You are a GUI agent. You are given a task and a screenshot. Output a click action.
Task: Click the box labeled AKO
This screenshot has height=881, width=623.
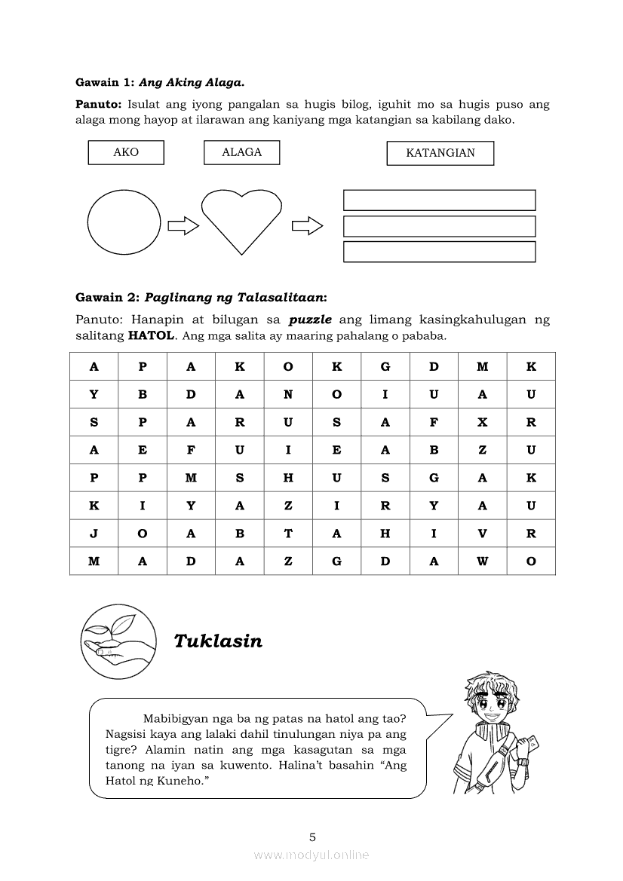tap(126, 152)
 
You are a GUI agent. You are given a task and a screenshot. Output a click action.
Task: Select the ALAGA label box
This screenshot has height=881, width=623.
tap(241, 152)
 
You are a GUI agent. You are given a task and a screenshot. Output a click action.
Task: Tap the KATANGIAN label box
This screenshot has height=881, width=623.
tap(440, 153)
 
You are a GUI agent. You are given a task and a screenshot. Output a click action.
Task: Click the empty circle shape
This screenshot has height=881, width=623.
tap(124, 222)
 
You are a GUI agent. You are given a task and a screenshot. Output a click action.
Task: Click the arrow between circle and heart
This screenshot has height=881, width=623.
tap(183, 225)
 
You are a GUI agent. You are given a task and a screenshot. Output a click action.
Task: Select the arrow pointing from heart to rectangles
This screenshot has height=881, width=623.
tap(307, 225)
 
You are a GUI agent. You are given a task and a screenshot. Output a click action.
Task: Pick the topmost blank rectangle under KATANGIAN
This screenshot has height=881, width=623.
tap(439, 200)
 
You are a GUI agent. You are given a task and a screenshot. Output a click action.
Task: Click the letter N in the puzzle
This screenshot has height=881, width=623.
tap(288, 394)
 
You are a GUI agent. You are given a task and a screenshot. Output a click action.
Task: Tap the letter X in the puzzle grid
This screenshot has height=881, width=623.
tap(483, 423)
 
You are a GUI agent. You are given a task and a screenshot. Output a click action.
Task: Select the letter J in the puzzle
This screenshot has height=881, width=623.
tap(94, 534)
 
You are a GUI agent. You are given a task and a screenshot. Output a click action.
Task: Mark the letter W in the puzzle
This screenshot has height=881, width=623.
tap(483, 561)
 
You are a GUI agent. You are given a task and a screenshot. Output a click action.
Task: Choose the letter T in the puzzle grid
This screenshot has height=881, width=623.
tap(288, 534)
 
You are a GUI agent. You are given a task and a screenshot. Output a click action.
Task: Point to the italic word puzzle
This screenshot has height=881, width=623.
tap(310, 320)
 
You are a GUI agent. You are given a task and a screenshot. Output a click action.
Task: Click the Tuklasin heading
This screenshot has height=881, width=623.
tap(218, 641)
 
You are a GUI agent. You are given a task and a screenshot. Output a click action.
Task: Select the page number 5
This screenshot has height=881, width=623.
tap(312, 837)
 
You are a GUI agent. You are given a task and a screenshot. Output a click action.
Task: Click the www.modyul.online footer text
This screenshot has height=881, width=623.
tap(311, 855)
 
